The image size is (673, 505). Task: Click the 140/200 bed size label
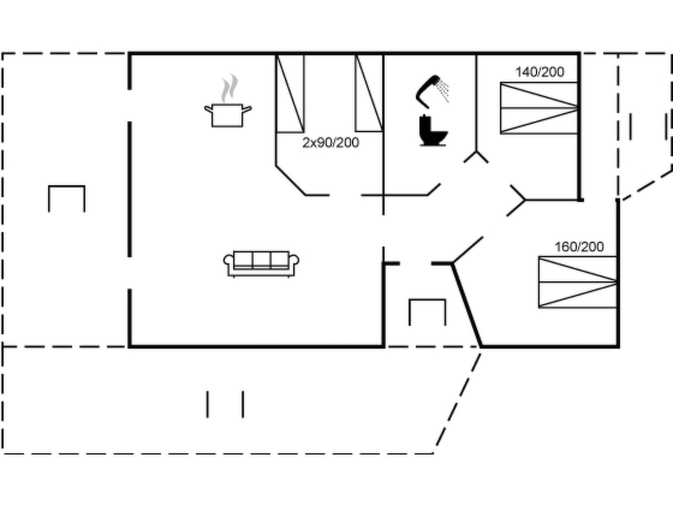pyautogui.click(x=540, y=72)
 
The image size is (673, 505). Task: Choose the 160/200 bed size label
pyautogui.click(x=579, y=247)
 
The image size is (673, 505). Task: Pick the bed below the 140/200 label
pyautogui.click(x=539, y=108)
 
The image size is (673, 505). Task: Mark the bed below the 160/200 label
pyautogui.click(x=577, y=282)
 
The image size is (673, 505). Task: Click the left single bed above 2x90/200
pyautogui.click(x=290, y=94)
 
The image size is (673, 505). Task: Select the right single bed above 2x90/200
pyautogui.click(x=369, y=94)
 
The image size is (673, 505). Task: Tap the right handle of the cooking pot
pyautogui.click(x=247, y=109)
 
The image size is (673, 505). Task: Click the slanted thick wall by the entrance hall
pyautogui.click(x=467, y=304)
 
